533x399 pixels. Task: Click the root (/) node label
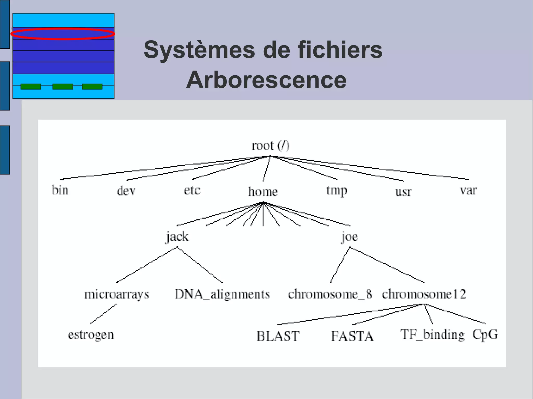click(x=270, y=146)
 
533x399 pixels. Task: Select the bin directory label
click(x=60, y=190)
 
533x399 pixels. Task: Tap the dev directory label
click(x=126, y=191)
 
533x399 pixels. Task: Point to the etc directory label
click(x=192, y=190)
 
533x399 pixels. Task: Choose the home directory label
click(x=263, y=192)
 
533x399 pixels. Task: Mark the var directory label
click(x=468, y=190)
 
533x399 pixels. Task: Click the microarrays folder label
click(x=117, y=295)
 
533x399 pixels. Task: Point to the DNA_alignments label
click(x=222, y=294)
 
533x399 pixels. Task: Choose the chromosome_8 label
click(x=330, y=294)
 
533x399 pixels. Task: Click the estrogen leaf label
click(x=91, y=335)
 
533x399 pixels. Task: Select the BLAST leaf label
click(x=278, y=336)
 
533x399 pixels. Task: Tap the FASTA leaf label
click(x=352, y=336)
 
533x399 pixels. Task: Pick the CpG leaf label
click(x=485, y=335)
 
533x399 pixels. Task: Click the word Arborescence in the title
click(x=266, y=80)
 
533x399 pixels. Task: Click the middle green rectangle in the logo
click(x=63, y=87)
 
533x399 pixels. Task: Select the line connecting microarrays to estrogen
click(x=104, y=314)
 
